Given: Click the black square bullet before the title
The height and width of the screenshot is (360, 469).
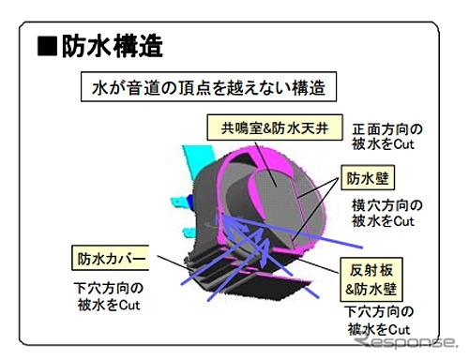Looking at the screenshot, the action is pos(46,46).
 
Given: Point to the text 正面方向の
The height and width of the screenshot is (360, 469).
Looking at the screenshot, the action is pos(386,128).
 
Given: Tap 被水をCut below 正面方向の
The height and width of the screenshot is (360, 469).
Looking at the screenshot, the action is pos(385,144).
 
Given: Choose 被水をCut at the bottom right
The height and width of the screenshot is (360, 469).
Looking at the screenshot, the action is pos(380,329).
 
